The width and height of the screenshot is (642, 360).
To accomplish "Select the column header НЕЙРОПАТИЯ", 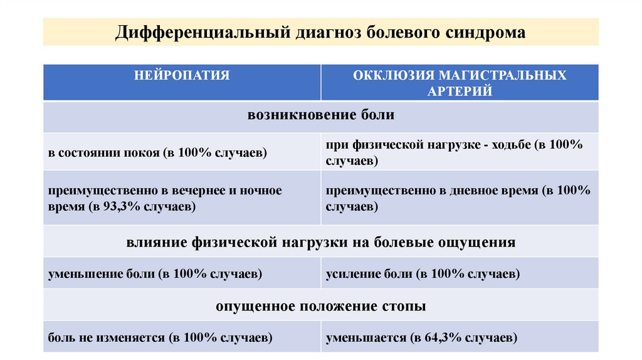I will [182, 76].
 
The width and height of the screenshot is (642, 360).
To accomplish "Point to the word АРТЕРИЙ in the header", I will [460, 91].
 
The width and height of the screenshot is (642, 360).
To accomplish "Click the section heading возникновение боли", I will [320, 116].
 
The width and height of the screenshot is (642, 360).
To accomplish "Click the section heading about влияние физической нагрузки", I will [320, 241].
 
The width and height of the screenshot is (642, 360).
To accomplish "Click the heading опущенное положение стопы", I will [320, 307].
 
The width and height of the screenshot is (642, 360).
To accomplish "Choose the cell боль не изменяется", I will [160, 338].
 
